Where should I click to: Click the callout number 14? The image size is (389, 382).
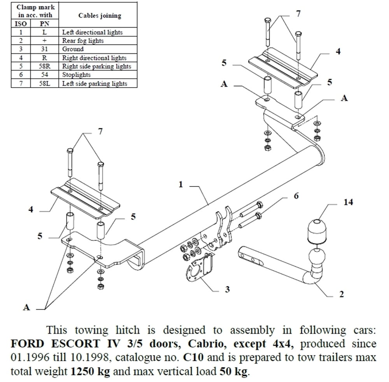tap(348, 202)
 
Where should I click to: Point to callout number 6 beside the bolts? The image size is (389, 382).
tap(296, 196)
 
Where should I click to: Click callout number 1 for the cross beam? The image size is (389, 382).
tap(180, 184)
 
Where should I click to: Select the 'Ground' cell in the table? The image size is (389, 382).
tap(73, 49)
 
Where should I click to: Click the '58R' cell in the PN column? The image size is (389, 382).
tap(45, 66)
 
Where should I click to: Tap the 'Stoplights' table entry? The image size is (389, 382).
tap(76, 75)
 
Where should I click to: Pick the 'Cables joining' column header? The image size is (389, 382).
tap(100, 16)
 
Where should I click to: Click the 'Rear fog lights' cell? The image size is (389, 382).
tap(83, 40)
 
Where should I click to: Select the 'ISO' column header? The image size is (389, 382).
tap(21, 23)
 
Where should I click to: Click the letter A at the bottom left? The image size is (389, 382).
tap(26, 307)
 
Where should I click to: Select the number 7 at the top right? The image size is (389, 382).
tap(298, 14)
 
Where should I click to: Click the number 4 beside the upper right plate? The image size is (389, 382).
tap(338, 51)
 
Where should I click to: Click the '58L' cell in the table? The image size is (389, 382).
tap(45, 83)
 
